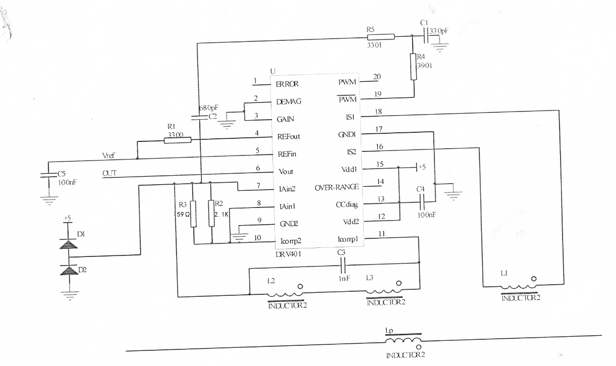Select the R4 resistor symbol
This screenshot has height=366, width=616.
tap(414, 67)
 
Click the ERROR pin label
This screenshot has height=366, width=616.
tap(287, 84)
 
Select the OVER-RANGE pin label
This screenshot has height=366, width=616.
tap(337, 187)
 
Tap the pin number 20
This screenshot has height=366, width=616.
tap(377, 77)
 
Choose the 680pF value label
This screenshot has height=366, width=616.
tap(208, 109)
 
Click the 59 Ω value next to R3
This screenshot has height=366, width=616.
tap(182, 214)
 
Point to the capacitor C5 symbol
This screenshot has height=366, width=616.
tap(48, 176)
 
